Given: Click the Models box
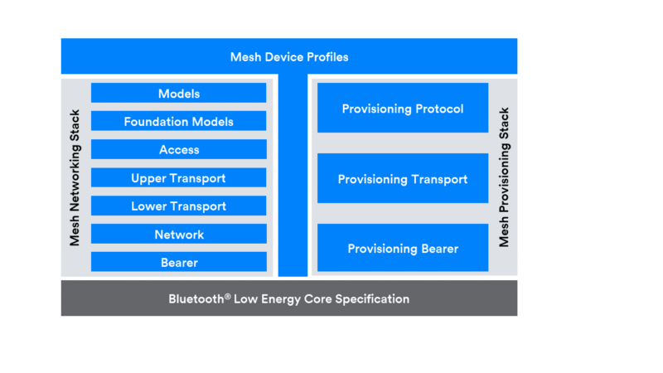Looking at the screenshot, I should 179,94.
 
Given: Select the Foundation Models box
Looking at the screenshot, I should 179,122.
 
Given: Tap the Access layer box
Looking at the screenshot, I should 179,150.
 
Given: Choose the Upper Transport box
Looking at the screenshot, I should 179,178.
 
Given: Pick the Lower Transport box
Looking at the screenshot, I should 179,206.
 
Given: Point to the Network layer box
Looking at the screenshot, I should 179,235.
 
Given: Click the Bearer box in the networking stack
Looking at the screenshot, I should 179,263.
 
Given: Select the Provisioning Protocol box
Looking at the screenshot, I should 403,109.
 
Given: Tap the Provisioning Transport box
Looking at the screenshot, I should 403,179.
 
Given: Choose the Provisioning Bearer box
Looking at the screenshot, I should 403,249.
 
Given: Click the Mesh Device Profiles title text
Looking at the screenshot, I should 289,57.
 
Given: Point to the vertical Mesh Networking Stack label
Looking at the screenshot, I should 75,177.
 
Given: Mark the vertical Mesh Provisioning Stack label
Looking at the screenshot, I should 504,177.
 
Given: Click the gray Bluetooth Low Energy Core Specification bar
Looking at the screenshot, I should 289,298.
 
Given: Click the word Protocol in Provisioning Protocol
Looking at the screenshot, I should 439,109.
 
